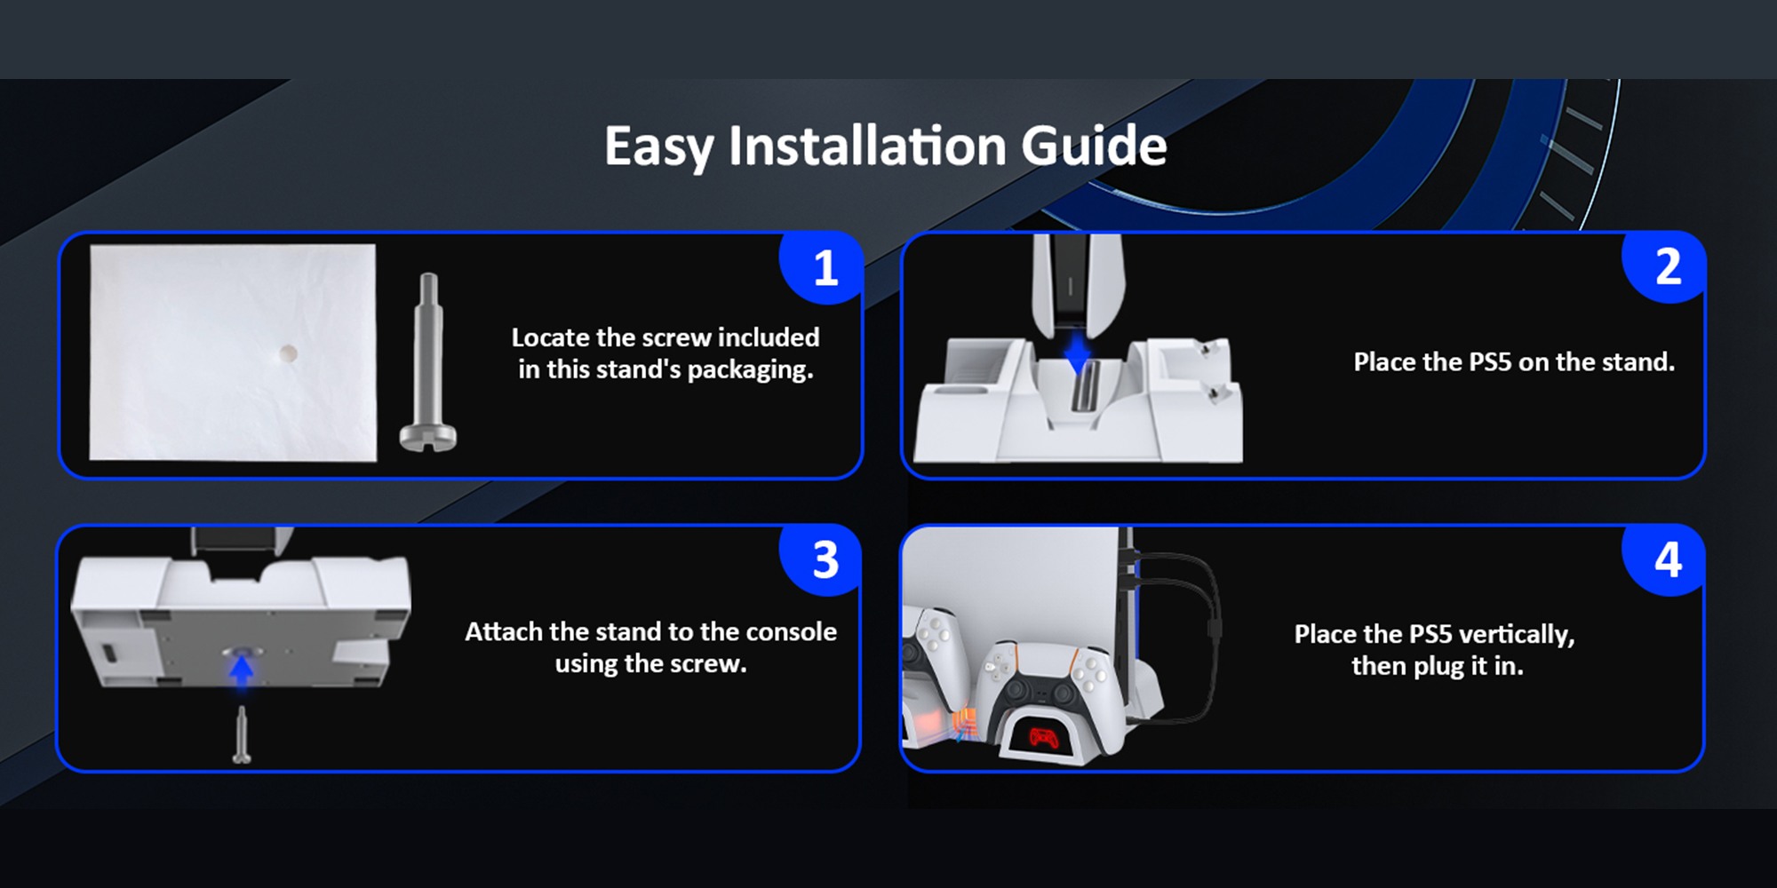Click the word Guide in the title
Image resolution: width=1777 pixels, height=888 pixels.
(x=1094, y=146)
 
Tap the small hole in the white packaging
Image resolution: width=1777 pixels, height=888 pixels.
(x=287, y=353)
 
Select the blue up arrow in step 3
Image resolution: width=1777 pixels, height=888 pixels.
(x=241, y=668)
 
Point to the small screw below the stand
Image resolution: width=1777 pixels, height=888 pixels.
(x=241, y=735)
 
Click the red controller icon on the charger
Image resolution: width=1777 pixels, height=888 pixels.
(x=1043, y=737)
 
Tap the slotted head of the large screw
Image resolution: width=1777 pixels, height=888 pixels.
(x=428, y=438)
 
